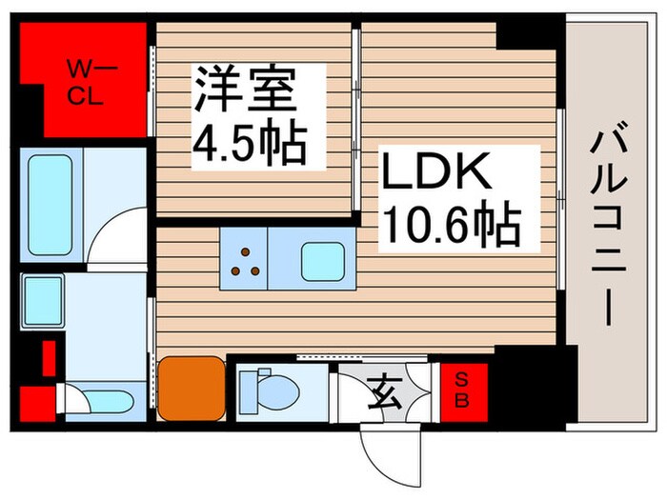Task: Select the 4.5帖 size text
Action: (x=250, y=143)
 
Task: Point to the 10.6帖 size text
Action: (x=451, y=226)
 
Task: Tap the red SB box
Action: (x=461, y=390)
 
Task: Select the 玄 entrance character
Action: (x=384, y=390)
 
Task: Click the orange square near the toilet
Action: (x=192, y=387)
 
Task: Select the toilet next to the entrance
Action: (x=266, y=389)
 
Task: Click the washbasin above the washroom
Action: (x=42, y=300)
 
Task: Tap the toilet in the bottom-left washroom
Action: (x=96, y=400)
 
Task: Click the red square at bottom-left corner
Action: (x=34, y=401)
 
